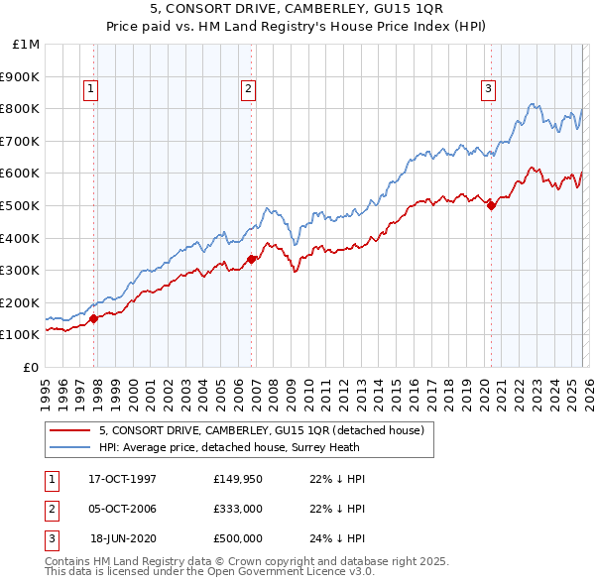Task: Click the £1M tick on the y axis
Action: tap(27, 44)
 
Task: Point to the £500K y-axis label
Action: tap(21, 205)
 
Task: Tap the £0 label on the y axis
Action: tap(30, 367)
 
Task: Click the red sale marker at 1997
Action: tap(94, 318)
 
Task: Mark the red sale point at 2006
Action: tap(251, 260)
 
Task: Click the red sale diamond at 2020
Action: tap(491, 205)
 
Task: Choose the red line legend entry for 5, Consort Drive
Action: tap(261, 430)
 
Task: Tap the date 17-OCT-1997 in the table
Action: tap(123, 479)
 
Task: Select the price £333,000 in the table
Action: tap(238, 509)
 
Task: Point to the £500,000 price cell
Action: tap(238, 538)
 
